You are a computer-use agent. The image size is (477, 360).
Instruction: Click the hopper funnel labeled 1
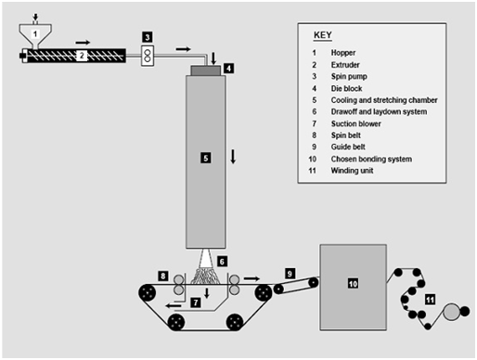[x=35, y=34]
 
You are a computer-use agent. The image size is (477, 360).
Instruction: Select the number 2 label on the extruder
[x=82, y=56]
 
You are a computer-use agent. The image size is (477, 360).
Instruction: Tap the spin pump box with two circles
[x=148, y=56]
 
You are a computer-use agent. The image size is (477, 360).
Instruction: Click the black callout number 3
[x=148, y=37]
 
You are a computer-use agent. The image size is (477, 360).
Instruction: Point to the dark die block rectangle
[x=206, y=71]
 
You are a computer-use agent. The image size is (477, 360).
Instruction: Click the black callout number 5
[x=206, y=158]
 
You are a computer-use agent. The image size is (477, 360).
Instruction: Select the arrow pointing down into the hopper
[x=35, y=17]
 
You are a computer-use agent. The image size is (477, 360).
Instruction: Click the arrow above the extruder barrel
[x=83, y=42]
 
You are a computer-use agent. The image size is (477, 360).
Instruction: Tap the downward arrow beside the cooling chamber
[x=233, y=156]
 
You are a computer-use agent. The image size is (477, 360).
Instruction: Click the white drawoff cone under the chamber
[x=205, y=259]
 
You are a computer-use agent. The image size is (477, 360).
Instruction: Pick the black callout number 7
[x=196, y=302]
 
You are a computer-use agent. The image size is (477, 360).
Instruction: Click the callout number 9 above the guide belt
[x=290, y=274]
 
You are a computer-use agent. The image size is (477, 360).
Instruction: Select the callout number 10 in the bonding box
[x=353, y=284]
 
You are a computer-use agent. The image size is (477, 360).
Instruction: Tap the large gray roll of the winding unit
[x=451, y=312]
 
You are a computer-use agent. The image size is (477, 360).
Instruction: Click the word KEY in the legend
[x=323, y=35]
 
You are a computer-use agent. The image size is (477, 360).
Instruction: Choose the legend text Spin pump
[x=349, y=76]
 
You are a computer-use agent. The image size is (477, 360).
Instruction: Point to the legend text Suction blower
[x=355, y=123]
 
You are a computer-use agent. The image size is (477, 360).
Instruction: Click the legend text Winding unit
[x=352, y=171]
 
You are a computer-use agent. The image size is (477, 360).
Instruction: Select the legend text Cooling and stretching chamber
[x=384, y=100]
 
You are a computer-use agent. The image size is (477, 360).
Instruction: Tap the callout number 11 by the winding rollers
[x=430, y=300]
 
